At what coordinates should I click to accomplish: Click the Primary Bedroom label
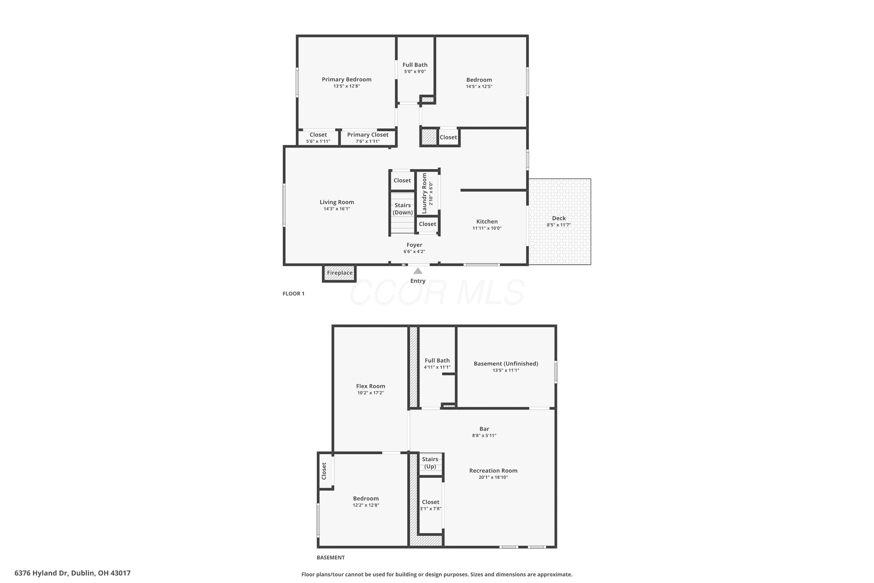tap(346, 79)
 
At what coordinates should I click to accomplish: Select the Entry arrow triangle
tap(418, 271)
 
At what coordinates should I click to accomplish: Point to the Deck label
tap(558, 218)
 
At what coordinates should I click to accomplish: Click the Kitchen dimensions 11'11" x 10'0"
tap(487, 228)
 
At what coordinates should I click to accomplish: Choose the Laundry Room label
tap(424, 193)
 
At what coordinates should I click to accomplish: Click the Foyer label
tap(414, 245)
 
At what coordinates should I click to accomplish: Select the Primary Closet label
tap(367, 135)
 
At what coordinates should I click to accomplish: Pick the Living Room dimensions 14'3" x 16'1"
tap(337, 209)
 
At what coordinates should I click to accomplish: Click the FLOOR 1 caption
tap(293, 293)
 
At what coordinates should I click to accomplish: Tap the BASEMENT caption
tap(330, 557)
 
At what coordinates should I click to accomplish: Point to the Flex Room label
tap(371, 386)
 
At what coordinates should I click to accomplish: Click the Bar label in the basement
tap(484, 429)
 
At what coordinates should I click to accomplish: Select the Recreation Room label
tap(493, 470)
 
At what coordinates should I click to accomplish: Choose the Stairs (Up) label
tap(430, 463)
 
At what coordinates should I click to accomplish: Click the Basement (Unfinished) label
tap(506, 364)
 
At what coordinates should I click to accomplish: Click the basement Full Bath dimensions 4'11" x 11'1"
tap(437, 367)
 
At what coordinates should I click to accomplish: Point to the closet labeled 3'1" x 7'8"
tap(431, 505)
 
